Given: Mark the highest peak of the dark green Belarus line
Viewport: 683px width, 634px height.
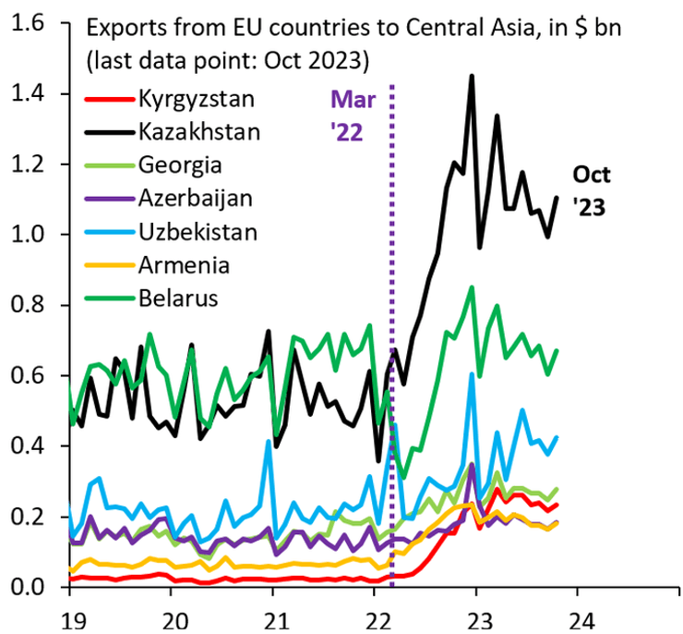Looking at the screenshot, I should [473, 287].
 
